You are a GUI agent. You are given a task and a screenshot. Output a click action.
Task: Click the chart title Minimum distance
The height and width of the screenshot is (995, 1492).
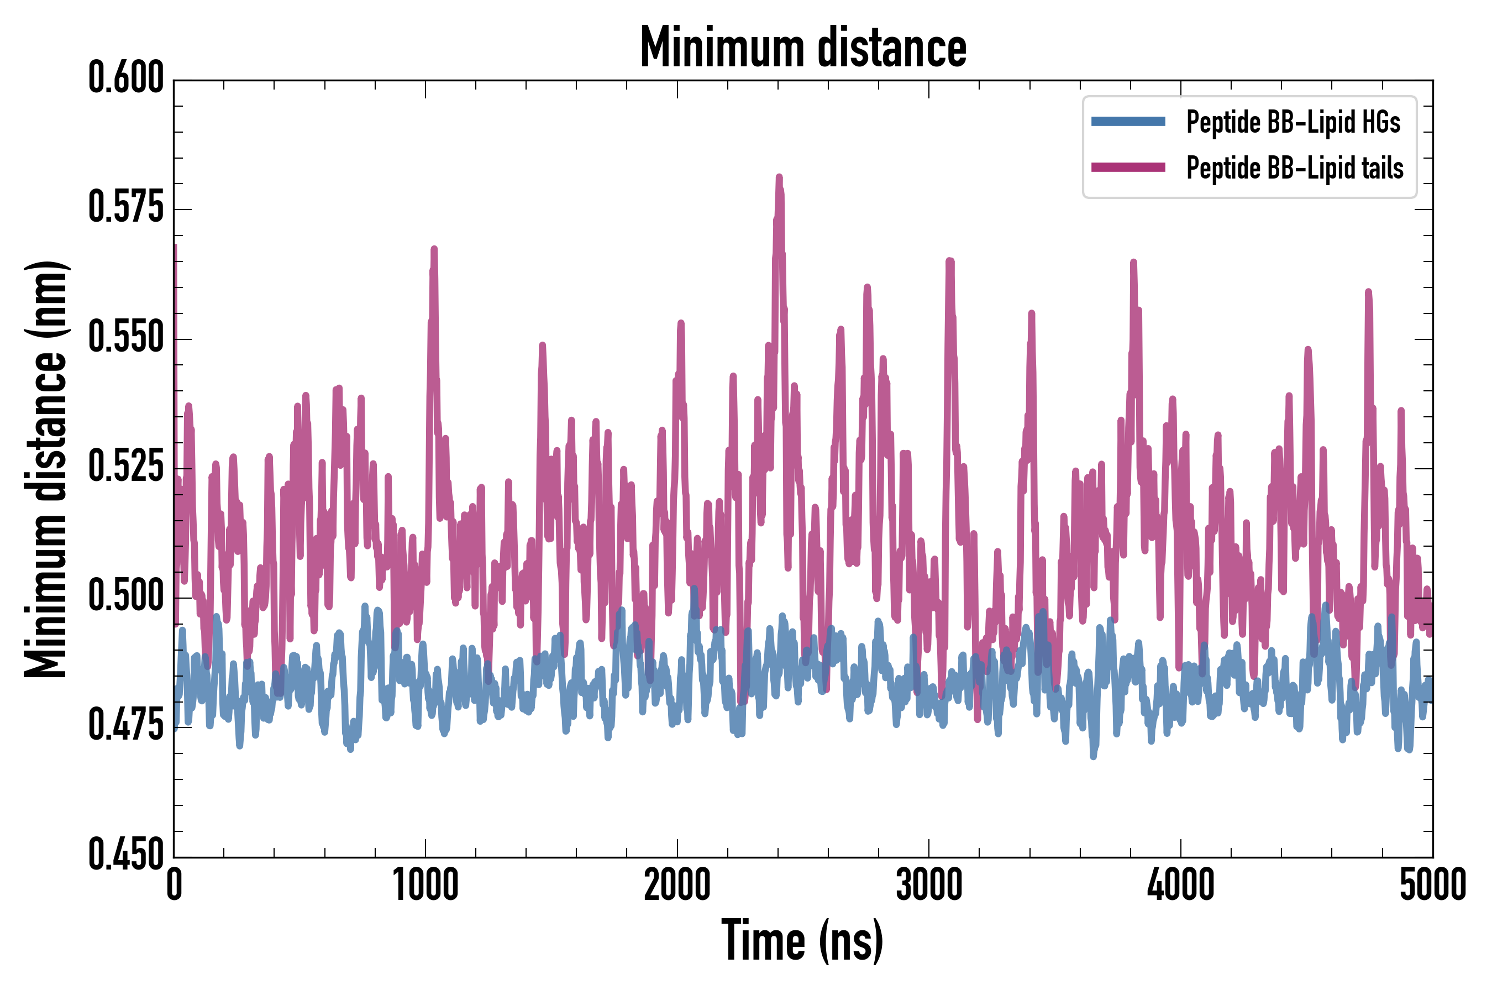click(803, 48)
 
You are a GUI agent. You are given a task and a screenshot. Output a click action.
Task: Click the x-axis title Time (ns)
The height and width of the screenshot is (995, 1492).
click(802, 941)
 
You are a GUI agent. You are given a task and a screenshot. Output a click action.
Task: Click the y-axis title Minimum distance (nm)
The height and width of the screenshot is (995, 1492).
click(46, 469)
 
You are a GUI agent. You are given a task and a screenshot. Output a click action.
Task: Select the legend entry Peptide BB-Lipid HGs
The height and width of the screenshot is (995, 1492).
click(1293, 122)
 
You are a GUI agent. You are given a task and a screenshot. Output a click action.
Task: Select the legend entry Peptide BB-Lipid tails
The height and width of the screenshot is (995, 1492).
click(1295, 168)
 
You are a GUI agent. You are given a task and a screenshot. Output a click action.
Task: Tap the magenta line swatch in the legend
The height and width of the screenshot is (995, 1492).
click(1128, 167)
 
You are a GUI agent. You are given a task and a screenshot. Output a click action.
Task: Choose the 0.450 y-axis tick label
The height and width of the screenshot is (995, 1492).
click(126, 855)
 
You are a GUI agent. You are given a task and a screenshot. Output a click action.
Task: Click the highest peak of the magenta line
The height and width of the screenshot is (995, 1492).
click(779, 177)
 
